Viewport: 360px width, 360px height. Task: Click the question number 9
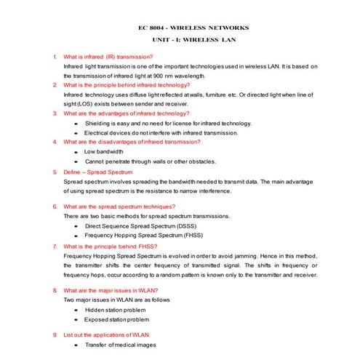(x=55, y=334)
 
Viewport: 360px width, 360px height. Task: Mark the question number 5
(x=55, y=172)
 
